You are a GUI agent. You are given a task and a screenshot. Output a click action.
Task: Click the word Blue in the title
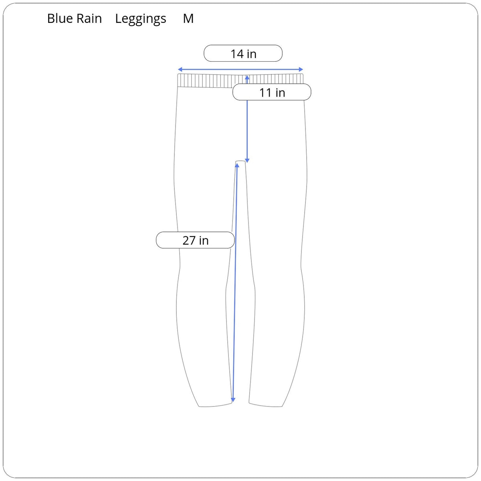pyautogui.click(x=60, y=18)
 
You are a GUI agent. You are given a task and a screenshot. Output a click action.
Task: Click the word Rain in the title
pyautogui.click(x=89, y=18)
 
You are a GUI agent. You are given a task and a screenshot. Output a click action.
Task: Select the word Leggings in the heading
pyautogui.click(x=141, y=20)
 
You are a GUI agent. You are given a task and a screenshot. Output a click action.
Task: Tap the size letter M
pyautogui.click(x=188, y=18)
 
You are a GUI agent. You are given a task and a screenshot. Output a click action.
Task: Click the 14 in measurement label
pyautogui.click(x=243, y=53)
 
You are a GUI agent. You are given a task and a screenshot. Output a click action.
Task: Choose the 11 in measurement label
pyautogui.click(x=272, y=92)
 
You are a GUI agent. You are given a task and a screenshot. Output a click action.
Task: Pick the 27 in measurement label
pyautogui.click(x=195, y=240)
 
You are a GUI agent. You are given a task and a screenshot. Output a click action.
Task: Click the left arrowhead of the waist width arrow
pyautogui.click(x=180, y=69)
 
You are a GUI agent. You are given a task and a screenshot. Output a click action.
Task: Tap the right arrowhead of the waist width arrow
pyautogui.click(x=301, y=69)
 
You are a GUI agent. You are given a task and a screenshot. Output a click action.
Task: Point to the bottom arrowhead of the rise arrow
pyautogui.click(x=247, y=161)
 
